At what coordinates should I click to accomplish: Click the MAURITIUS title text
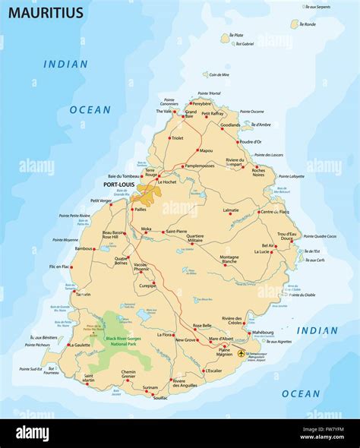click(36, 13)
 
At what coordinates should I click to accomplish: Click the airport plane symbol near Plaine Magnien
click(242, 353)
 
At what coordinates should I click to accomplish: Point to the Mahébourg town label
click(263, 331)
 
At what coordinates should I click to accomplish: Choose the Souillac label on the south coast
click(159, 397)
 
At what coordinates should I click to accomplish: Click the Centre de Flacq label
click(276, 211)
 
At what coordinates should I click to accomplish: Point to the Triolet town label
click(178, 138)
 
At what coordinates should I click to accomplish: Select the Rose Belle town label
click(202, 325)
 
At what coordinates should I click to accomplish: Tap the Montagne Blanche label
click(229, 260)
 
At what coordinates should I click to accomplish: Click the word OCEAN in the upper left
click(90, 109)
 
